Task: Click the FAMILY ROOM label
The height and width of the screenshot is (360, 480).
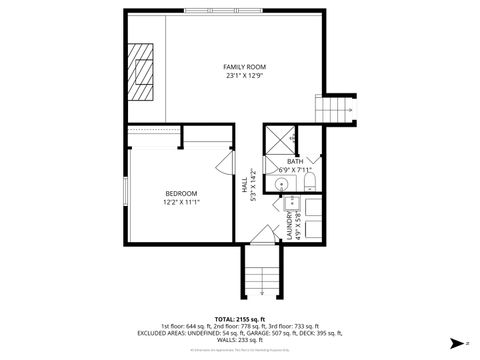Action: pos(244,67)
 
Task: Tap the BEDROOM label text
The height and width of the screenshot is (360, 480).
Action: pos(181,193)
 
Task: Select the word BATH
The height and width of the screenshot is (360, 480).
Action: pos(294,161)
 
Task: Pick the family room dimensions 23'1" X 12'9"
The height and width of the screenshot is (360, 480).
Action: pos(244,76)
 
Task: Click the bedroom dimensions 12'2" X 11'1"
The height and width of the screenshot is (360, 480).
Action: pos(181,202)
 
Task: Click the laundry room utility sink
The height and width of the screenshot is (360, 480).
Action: pos(311,208)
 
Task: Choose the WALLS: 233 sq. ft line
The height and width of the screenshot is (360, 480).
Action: pos(240,341)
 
